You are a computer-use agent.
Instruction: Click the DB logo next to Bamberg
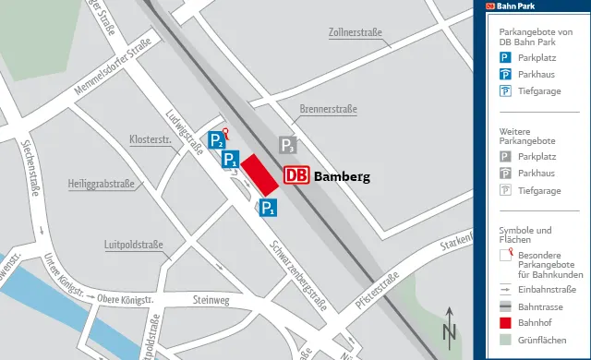[x=296, y=175]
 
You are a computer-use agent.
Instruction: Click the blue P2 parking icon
[x=215, y=141]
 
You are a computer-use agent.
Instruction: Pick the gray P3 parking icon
[x=288, y=145]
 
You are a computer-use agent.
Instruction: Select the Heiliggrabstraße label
[x=101, y=184]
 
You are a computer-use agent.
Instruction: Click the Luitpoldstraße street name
[x=134, y=245]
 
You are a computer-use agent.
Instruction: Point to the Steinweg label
[x=211, y=300]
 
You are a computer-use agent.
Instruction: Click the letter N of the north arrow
[x=450, y=333]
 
